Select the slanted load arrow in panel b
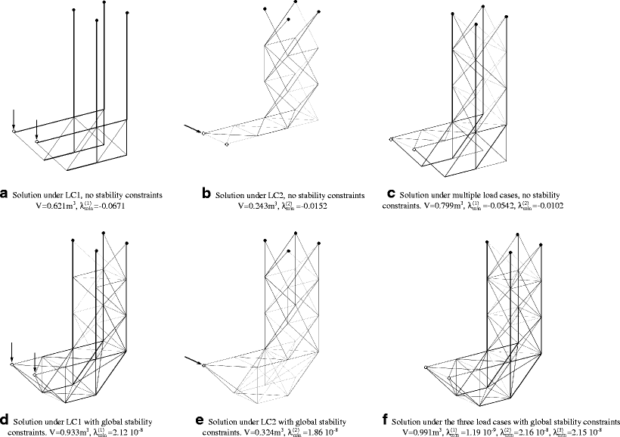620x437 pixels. coord(194,130)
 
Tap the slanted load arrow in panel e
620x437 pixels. coord(194,362)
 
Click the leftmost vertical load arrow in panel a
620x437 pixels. coord(14,119)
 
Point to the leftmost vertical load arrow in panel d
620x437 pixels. coord(13,352)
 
